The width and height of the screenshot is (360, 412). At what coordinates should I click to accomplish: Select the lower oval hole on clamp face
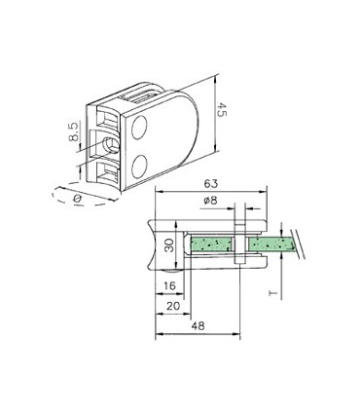[142, 162]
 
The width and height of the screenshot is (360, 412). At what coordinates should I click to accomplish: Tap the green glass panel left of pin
[210, 244]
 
